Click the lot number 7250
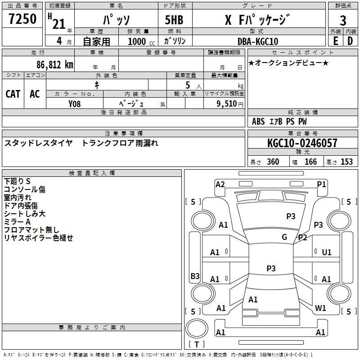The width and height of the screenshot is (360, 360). [22, 19]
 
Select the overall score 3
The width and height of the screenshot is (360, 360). [343, 20]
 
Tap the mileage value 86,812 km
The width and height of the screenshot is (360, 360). [55, 65]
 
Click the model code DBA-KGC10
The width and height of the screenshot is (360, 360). [258, 41]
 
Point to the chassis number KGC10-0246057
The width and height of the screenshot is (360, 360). [302, 143]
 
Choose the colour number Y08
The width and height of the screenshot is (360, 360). [74, 104]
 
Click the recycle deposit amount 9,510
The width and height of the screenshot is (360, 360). [227, 104]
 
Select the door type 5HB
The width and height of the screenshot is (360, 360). [174, 20]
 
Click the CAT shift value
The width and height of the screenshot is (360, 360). [13, 94]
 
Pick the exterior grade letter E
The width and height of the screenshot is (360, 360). [336, 41]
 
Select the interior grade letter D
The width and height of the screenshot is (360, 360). [350, 41]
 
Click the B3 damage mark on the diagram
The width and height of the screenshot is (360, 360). [195, 276]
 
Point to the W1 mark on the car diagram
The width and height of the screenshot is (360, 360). [320, 308]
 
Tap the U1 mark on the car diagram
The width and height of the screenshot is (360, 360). [327, 252]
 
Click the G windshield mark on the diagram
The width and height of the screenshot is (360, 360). [284, 237]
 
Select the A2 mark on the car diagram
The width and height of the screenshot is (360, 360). [220, 184]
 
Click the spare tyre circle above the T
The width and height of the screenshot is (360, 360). [197, 328]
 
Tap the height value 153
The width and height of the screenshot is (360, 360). [346, 162]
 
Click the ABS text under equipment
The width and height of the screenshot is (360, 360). [258, 121]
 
